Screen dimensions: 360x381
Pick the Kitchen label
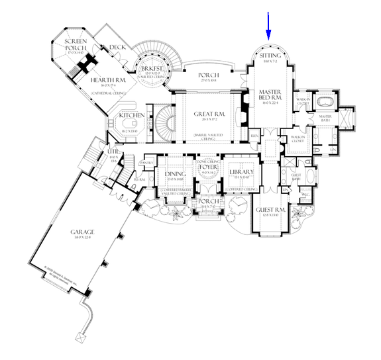pyautogui.click(x=133, y=116)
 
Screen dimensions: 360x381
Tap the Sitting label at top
pyautogui.click(x=270, y=56)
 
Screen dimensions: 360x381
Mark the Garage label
pyautogui.click(x=83, y=232)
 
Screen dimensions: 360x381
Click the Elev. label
pyautogui.click(x=254, y=136)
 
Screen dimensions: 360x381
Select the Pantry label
pyautogui.click(x=147, y=161)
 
